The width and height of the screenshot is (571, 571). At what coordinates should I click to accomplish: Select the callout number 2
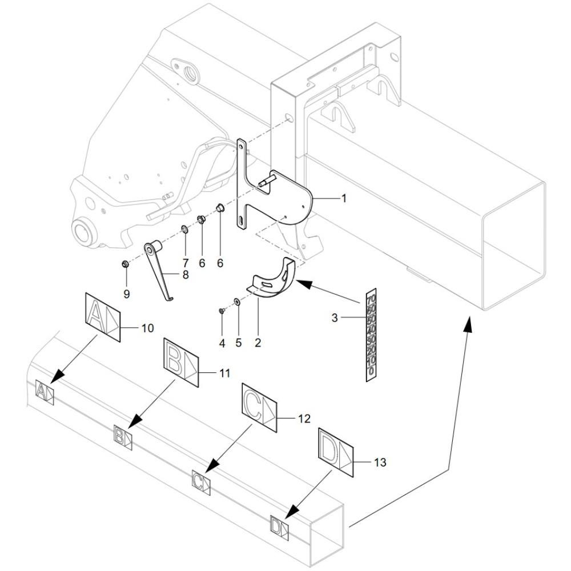pos(258,343)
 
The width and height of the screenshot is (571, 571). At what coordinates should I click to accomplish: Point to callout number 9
pos(127,293)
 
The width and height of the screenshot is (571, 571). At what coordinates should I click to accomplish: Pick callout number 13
pos(380,462)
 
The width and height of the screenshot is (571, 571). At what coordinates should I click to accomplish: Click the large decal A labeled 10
pos(103,317)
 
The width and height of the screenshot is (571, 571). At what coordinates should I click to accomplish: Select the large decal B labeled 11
pos(181,363)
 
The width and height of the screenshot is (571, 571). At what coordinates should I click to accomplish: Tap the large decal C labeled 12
pos(260,408)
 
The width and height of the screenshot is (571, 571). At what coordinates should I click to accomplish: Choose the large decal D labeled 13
pos(337,451)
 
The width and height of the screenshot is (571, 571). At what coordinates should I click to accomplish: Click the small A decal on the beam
pos(45,392)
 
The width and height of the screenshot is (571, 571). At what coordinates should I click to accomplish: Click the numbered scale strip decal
pos(371,335)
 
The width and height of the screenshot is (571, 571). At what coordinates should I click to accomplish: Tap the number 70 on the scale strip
pos(371,299)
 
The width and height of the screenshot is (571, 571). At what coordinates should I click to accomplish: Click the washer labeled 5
pos(237,302)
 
